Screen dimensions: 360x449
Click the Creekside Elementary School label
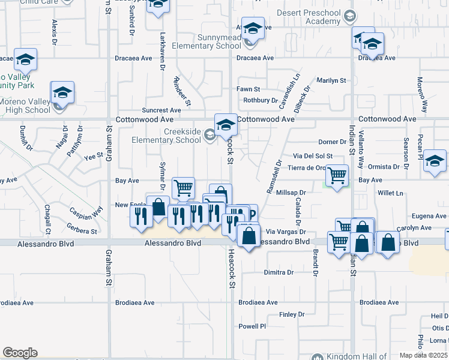(167, 136)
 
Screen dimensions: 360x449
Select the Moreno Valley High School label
(25, 106)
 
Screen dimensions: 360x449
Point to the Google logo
(19, 353)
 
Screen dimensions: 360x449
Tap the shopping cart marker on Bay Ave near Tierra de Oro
(337, 175)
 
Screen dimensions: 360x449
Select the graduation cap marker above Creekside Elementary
(226, 125)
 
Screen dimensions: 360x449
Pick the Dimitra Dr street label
(279, 272)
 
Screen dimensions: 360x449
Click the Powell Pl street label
(252, 326)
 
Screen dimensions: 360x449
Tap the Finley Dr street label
(292, 314)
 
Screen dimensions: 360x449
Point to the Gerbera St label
(82, 231)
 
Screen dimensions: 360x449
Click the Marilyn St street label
(331, 80)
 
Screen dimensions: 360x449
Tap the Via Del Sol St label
(309, 155)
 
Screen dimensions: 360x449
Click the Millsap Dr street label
(291, 193)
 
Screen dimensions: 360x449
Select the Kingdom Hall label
(354, 356)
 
